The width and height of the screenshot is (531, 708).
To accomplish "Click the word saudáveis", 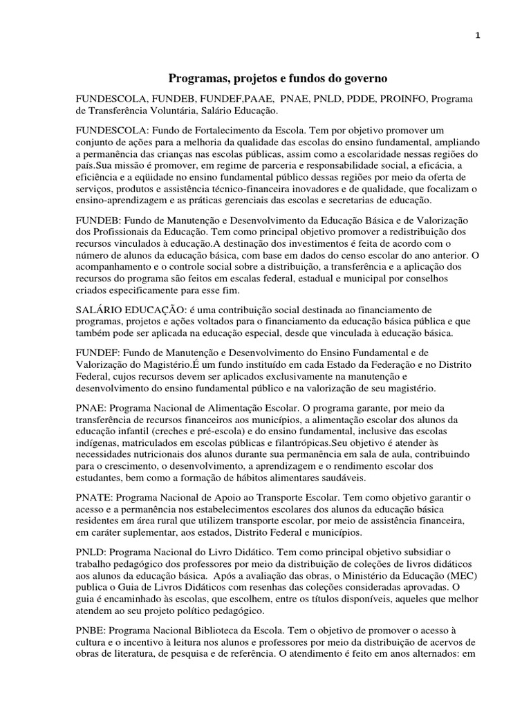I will coord(343,478).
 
